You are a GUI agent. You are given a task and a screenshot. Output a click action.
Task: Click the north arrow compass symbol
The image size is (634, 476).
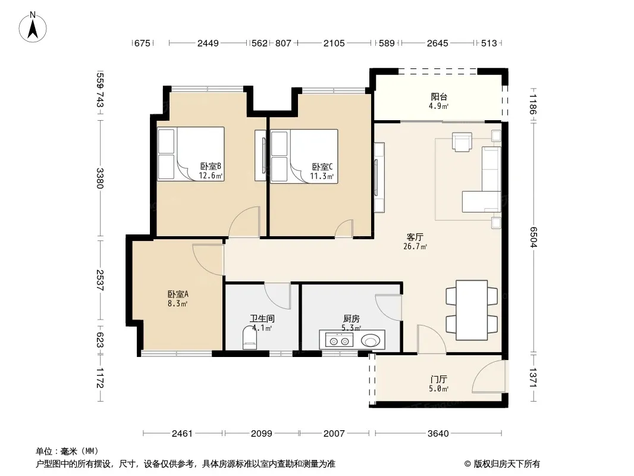(x=33, y=27)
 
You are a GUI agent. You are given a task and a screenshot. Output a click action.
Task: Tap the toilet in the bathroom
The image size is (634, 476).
(x=249, y=338)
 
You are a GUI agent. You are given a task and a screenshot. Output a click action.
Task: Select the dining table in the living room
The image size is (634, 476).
(x=472, y=310)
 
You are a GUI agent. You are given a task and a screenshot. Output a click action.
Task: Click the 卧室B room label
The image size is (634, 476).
(x=211, y=166)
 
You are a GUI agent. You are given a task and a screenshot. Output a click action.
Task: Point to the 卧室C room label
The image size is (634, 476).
(x=322, y=167)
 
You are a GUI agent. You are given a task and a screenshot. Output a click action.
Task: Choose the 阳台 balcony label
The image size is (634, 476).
(x=439, y=96)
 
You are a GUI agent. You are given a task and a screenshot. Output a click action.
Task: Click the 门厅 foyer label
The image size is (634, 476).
(x=439, y=380)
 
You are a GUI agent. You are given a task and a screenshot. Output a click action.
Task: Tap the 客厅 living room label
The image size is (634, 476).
(x=415, y=237)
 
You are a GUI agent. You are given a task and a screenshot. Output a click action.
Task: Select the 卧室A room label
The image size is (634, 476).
(x=178, y=294)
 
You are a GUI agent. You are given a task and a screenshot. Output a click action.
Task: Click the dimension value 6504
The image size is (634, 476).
(x=533, y=237)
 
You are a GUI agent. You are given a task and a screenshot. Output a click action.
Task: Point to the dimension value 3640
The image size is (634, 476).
(x=438, y=434)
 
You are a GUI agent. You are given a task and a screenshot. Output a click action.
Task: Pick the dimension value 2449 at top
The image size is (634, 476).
(x=208, y=43)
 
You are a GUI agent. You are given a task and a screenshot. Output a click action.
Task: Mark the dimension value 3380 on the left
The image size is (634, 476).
(x=100, y=178)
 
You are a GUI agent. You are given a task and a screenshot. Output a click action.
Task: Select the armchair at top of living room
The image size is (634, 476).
(x=462, y=142)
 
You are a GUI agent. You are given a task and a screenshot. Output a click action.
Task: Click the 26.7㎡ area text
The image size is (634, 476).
(x=415, y=246)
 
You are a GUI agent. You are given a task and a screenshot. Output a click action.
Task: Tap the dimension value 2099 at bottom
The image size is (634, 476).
(x=262, y=434)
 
